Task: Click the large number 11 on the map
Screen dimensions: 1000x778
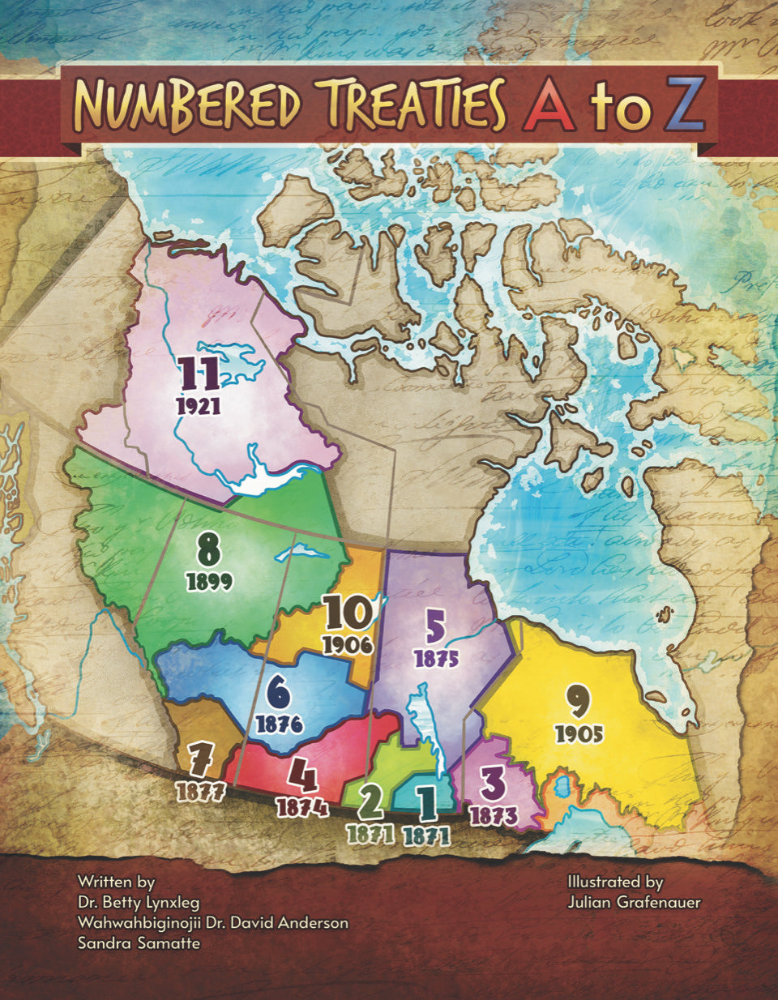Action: (199, 374)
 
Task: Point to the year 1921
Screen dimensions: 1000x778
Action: (199, 406)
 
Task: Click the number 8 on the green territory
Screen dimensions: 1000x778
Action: (209, 551)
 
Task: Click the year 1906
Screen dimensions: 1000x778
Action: (346, 645)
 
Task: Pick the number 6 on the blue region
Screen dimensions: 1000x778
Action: (278, 693)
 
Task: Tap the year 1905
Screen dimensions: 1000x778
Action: (579, 733)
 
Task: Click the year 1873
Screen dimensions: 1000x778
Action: (493, 815)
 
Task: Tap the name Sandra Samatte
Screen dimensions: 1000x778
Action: (139, 943)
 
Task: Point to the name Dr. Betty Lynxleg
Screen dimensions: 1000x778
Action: (138, 902)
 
